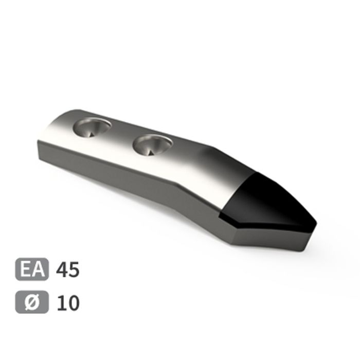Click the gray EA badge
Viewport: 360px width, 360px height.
click(x=32, y=269)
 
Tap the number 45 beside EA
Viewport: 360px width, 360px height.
click(x=68, y=269)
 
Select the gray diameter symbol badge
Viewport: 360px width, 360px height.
click(x=32, y=302)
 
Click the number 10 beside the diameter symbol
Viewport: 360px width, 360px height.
click(x=68, y=303)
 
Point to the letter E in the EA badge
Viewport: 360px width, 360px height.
click(x=26, y=269)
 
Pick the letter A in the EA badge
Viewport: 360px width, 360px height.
click(x=38, y=269)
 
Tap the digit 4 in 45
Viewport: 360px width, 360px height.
click(x=62, y=269)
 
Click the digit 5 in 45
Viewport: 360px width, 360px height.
click(x=74, y=269)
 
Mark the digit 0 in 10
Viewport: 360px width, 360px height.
click(x=74, y=303)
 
